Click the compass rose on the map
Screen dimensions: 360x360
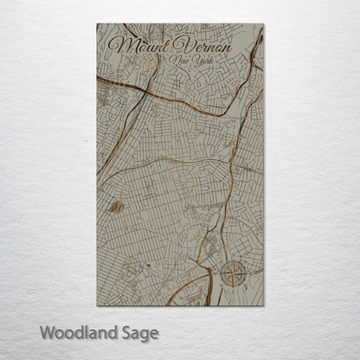pos(235,274)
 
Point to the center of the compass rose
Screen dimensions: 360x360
pos(235,274)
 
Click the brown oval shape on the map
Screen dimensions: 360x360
pos(117,207)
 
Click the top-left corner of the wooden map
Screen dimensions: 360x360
pos(98,25)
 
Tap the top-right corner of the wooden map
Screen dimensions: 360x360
pos(263,25)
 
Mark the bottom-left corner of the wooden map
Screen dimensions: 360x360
pos(98,305)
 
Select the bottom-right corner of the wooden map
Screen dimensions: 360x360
pos(263,305)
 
